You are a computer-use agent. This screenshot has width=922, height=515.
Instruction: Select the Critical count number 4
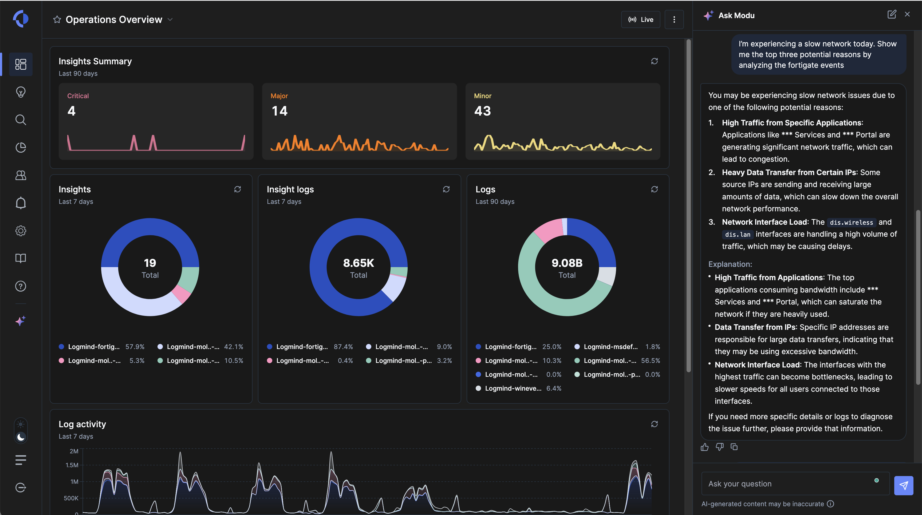(72, 111)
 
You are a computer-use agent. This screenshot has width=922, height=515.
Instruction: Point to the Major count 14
(279, 111)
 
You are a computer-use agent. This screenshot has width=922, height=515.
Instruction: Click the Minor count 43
(482, 111)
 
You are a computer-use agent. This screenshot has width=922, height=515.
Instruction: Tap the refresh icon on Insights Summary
(654, 61)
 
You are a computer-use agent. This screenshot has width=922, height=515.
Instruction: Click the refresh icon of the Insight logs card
(446, 189)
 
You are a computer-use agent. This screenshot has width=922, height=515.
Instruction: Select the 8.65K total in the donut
(359, 263)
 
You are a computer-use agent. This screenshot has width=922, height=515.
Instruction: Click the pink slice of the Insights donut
(181, 294)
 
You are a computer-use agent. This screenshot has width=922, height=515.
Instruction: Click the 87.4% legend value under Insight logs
(343, 347)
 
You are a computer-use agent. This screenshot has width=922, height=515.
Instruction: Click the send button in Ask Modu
(903, 486)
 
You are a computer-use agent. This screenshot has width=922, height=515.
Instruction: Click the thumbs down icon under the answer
(719, 447)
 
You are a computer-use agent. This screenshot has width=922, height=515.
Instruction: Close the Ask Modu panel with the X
(907, 14)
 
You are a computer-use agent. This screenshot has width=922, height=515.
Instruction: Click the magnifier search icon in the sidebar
(21, 120)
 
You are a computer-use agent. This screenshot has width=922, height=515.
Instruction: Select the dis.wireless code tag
(851, 223)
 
